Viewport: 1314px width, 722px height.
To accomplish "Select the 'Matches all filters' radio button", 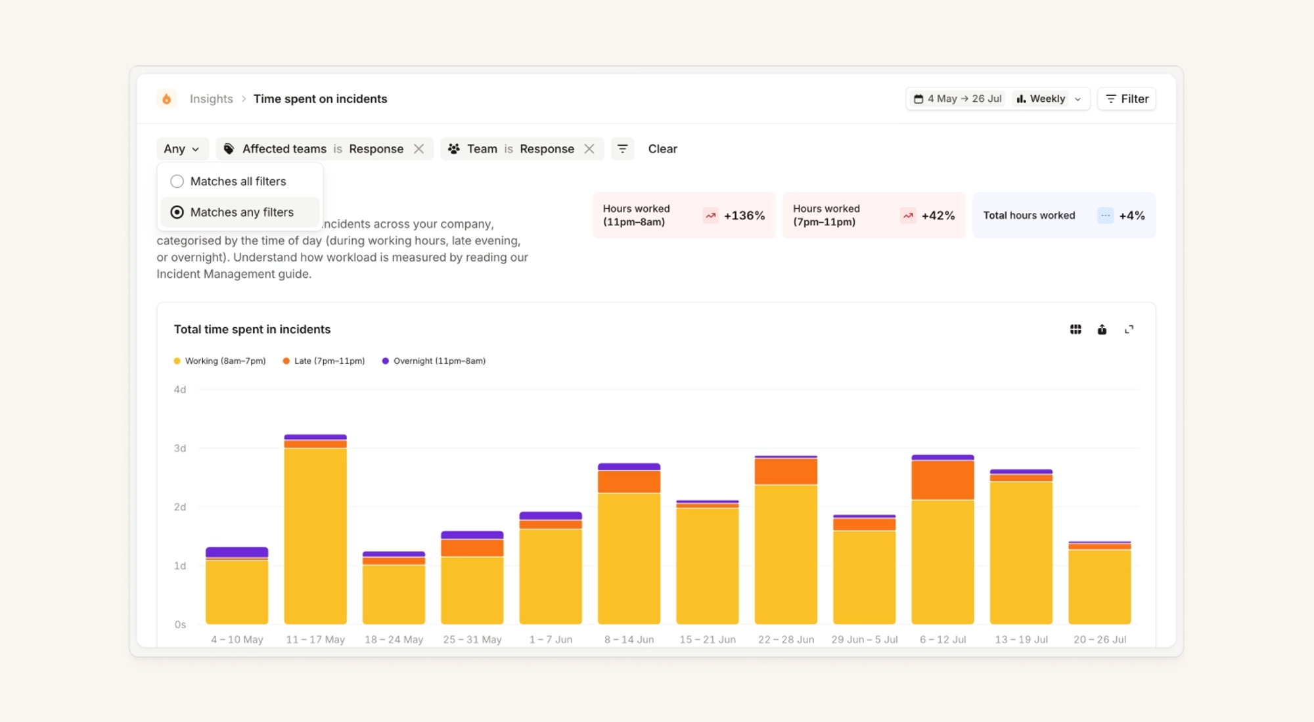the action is [x=177, y=181].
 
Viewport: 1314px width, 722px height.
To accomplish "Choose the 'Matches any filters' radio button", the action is [x=177, y=212].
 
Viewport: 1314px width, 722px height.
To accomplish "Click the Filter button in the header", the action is [x=1127, y=99].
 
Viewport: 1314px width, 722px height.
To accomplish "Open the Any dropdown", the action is [x=182, y=149].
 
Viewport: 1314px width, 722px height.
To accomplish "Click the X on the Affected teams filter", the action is [x=419, y=149].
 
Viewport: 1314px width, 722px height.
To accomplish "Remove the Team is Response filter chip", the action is [x=589, y=149].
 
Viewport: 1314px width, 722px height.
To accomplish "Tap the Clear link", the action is [x=662, y=149].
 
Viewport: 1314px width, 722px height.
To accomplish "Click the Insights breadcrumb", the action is [x=211, y=99].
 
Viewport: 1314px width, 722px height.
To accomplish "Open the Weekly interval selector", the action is [x=1049, y=99].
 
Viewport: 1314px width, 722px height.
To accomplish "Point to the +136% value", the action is [x=744, y=215].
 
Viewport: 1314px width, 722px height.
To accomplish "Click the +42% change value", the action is [x=938, y=215].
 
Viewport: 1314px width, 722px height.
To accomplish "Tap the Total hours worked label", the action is [x=1029, y=215].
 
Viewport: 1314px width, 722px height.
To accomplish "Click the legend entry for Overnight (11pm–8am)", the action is [x=434, y=361].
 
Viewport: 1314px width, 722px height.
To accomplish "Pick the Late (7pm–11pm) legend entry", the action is [x=323, y=361].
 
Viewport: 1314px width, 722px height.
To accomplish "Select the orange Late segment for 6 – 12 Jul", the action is [x=943, y=480].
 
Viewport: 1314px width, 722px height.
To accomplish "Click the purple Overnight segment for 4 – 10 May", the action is [x=237, y=553].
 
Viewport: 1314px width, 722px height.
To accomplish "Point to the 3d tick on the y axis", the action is [x=179, y=448].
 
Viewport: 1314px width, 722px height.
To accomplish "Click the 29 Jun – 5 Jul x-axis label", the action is [x=864, y=639].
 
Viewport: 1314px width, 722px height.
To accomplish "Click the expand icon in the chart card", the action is [x=1129, y=329].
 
